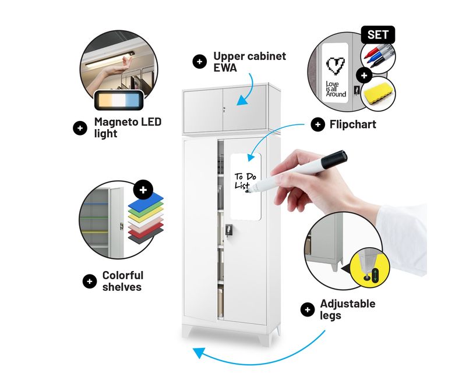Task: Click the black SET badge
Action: click(378, 35)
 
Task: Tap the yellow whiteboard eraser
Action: click(378, 93)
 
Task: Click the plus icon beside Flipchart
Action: click(317, 124)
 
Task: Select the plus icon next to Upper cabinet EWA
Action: click(200, 62)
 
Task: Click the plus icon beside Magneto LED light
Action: click(80, 128)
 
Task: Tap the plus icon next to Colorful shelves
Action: click(90, 281)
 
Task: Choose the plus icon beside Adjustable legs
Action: click(308, 309)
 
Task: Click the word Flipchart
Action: click(353, 124)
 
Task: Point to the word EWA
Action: click(225, 67)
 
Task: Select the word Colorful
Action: click(123, 275)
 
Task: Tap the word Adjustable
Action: click(348, 304)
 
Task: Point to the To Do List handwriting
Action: click(245, 181)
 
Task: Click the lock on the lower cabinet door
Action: click(228, 230)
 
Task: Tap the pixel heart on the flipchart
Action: click(336, 65)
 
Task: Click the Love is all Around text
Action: click(336, 89)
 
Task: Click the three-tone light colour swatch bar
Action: click(119, 100)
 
